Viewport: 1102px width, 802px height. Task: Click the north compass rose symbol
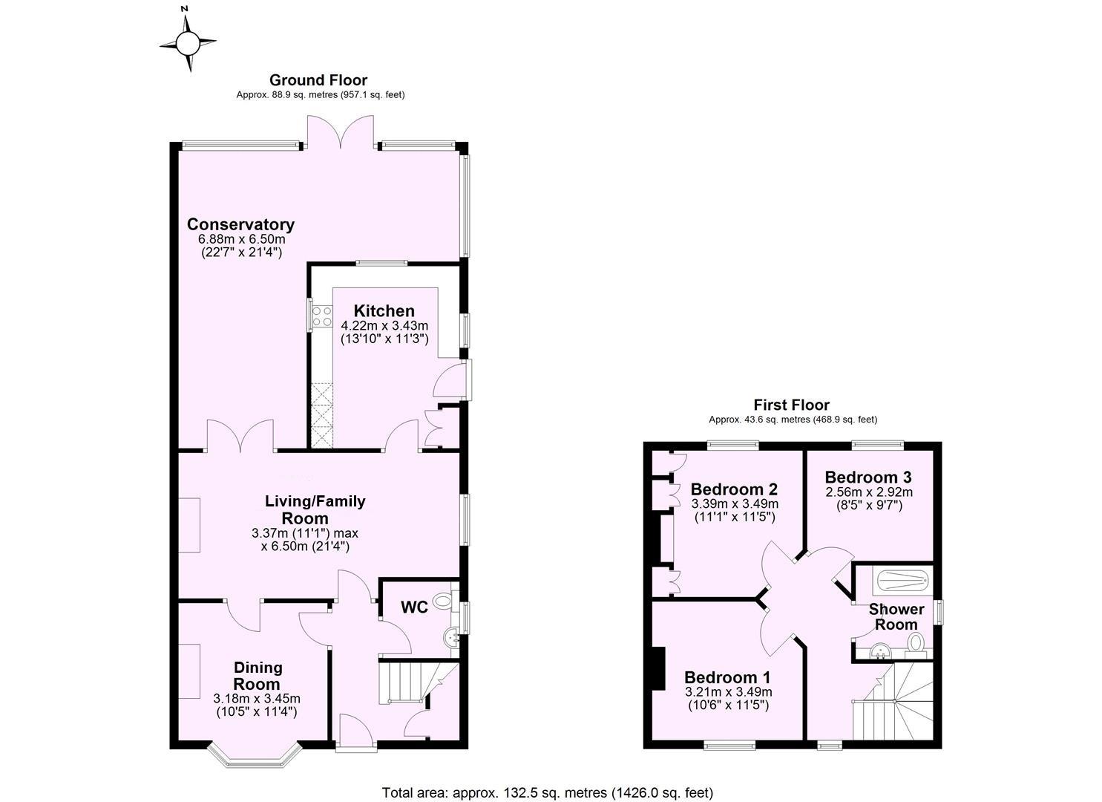(188, 42)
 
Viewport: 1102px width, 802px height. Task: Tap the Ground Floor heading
(318, 80)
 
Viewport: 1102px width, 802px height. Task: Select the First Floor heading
(791, 405)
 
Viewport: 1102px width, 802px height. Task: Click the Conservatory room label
(240, 224)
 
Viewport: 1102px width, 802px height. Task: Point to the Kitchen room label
(384, 310)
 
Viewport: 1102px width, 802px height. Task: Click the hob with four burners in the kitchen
(322, 317)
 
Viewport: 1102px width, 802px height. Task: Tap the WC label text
(414, 607)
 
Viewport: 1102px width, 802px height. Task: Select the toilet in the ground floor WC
(443, 600)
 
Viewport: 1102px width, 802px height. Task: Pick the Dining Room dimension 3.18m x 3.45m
(256, 699)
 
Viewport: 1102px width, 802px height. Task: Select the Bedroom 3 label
(868, 477)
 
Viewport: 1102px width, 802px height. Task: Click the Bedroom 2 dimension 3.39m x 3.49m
(734, 504)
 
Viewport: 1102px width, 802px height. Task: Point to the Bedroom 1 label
(727, 677)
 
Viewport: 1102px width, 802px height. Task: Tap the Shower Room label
(896, 616)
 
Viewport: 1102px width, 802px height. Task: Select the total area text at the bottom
(547, 792)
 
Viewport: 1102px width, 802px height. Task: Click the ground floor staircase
(401, 682)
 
